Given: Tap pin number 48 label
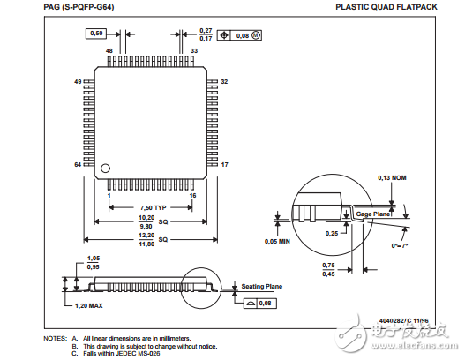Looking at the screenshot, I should coord(110,51).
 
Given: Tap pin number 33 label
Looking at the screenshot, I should coord(193,51).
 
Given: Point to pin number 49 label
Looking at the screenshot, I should coord(78,81).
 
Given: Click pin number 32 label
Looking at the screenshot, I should coord(224,81).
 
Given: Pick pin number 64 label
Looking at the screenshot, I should coord(78,165).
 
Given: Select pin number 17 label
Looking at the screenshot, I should coord(224,165).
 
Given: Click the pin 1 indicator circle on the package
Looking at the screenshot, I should coord(105,167).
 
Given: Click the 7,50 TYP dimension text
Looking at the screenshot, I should coord(149,207).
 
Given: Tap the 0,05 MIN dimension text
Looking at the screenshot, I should coord(280,240).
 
